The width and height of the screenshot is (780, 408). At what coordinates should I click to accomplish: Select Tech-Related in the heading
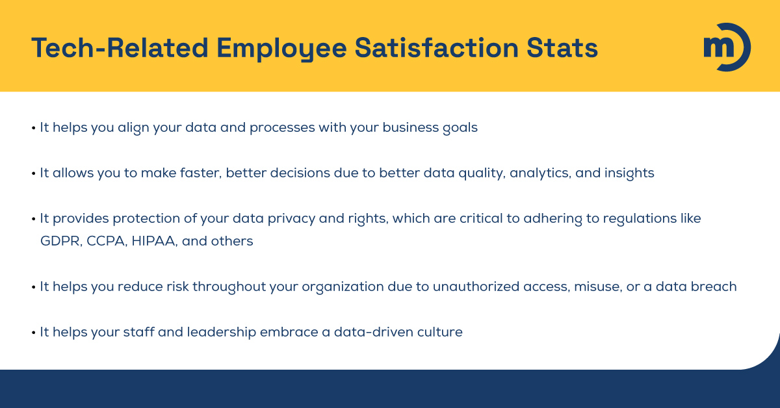(x=119, y=48)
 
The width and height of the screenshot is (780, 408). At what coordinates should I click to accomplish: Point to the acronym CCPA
(x=106, y=241)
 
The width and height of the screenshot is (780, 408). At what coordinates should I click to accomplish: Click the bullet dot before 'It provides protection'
(x=33, y=219)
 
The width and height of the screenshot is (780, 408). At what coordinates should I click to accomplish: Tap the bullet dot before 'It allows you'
(x=33, y=173)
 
